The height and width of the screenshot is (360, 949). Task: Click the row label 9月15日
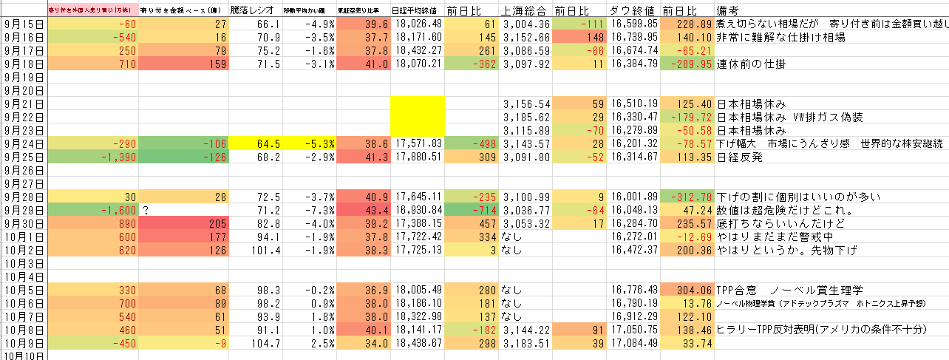pyautogui.click(x=24, y=24)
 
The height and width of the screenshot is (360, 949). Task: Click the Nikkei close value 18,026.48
pyautogui.click(x=418, y=24)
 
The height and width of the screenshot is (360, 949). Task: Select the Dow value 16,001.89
pyautogui.click(x=634, y=197)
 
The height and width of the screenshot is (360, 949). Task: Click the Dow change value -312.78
pyautogui.click(x=687, y=197)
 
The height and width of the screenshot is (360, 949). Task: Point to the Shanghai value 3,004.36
pyautogui.click(x=526, y=24)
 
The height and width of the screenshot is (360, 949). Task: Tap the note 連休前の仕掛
pyautogui.click(x=751, y=64)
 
